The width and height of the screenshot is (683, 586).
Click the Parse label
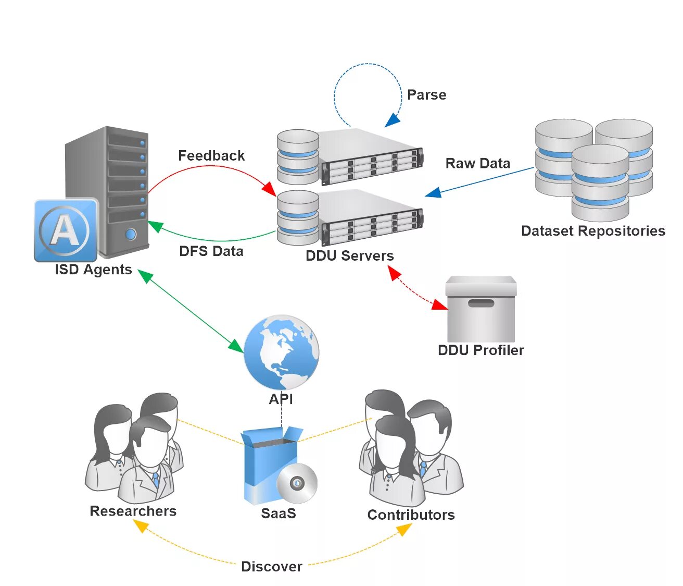(x=426, y=95)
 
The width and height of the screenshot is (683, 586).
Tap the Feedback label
(x=211, y=155)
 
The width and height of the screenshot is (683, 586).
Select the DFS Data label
(x=211, y=251)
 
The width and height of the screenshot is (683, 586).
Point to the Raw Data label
(x=478, y=163)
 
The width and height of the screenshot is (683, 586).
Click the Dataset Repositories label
(x=593, y=230)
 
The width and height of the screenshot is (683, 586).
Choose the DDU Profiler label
(x=481, y=350)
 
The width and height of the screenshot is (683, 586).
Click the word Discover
(x=272, y=567)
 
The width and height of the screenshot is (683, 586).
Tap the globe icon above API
(x=282, y=352)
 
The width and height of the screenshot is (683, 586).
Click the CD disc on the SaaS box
(x=297, y=483)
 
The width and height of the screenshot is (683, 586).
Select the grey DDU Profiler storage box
(x=481, y=309)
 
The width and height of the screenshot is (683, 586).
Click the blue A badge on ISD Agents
(x=66, y=230)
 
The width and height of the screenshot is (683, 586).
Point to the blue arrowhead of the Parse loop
(x=393, y=120)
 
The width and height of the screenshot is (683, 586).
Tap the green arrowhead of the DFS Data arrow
(x=155, y=226)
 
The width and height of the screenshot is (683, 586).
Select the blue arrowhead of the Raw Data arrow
(x=433, y=192)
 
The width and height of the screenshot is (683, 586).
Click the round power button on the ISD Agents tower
(x=131, y=234)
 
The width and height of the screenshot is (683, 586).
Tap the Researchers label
(x=133, y=511)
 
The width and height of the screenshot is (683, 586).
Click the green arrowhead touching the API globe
(x=236, y=346)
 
